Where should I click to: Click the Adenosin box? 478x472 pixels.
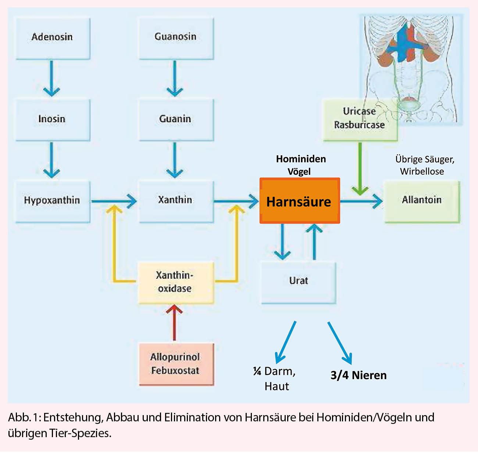[x=53, y=38]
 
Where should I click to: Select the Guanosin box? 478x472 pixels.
[x=176, y=38]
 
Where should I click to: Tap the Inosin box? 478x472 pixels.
[x=53, y=120]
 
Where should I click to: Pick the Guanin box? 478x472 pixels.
[x=176, y=120]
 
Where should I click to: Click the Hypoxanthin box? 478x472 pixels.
[x=53, y=201]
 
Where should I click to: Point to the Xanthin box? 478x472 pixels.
[x=176, y=201]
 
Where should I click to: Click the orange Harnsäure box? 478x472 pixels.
[x=299, y=201]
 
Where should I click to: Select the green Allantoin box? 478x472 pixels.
[x=422, y=201]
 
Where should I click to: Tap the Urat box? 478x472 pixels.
[x=299, y=282]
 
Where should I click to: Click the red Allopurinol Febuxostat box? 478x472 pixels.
[x=176, y=364]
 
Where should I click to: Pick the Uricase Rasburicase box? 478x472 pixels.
[x=360, y=120]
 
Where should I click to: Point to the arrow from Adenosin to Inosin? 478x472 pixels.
[x=51, y=79]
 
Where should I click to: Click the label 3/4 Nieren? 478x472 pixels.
[x=358, y=375]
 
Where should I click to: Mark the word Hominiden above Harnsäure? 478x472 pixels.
[x=301, y=159]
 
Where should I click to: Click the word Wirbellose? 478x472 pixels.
[x=422, y=171]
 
